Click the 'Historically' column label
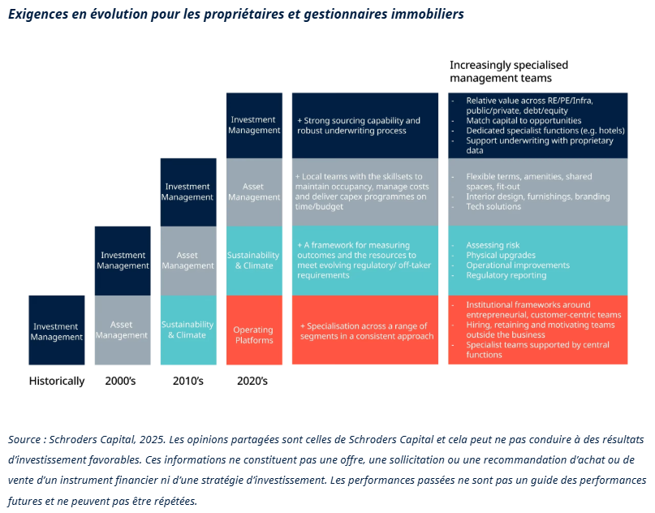tap(57, 381)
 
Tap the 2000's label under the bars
tap(122, 381)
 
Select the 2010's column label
tap(187, 381)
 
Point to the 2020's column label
tap(253, 381)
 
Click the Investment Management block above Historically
tap(57, 331)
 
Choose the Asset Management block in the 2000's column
tap(122, 330)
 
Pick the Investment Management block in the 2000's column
tap(122, 261)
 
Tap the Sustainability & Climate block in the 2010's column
tap(187, 330)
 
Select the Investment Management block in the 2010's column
tap(187, 192)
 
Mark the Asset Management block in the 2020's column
tap(253, 192)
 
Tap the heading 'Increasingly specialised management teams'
tap(509, 71)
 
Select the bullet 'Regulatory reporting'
tap(506, 275)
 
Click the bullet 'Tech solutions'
tap(493, 206)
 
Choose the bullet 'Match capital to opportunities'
tap(524, 120)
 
